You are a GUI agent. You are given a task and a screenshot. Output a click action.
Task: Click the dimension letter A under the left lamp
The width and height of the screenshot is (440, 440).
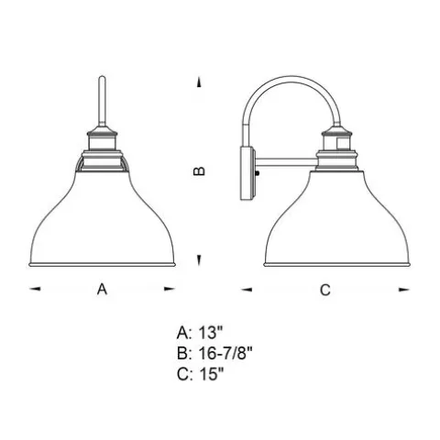point(102,289)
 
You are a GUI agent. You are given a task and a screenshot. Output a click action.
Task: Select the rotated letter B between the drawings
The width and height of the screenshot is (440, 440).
point(200,170)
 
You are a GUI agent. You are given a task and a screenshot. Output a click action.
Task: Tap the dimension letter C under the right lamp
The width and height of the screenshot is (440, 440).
point(325,290)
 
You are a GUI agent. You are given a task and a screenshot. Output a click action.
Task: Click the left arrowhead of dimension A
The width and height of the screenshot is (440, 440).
point(35,289)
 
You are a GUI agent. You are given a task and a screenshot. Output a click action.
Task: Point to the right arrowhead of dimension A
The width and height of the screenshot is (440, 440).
point(169,289)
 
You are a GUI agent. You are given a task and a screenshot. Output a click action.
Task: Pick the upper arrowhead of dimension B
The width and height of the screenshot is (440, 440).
point(199,82)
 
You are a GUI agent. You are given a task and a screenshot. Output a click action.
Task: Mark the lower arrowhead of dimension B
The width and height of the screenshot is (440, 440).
point(199,260)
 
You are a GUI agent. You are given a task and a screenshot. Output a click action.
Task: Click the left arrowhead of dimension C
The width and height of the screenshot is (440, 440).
point(247,289)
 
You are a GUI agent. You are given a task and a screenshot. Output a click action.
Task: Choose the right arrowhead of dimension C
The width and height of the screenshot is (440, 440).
point(404,290)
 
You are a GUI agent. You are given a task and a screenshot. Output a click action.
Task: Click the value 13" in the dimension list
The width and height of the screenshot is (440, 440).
point(211,333)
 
